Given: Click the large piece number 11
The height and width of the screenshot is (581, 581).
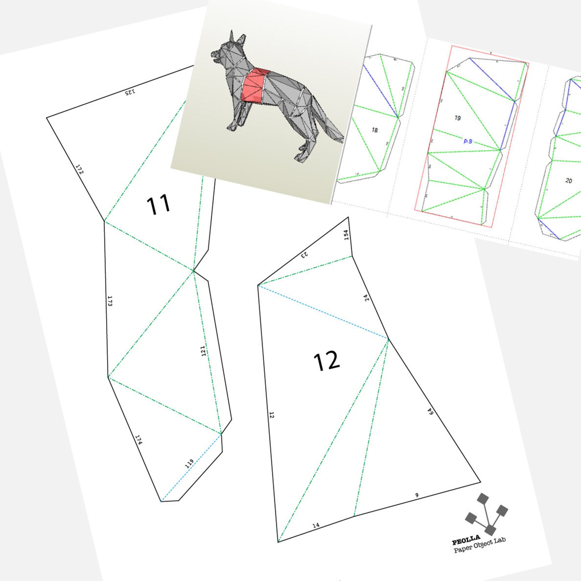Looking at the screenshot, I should click(158, 205).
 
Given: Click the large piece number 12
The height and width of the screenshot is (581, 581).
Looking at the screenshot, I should click(326, 361).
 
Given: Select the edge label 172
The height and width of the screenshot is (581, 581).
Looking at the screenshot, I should click(79, 169).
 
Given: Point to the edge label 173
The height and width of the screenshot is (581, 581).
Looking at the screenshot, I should click(110, 301).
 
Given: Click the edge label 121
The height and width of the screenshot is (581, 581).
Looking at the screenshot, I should click(203, 351).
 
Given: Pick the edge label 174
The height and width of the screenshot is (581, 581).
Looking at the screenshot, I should click(139, 439).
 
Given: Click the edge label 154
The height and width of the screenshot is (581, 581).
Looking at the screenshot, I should click(346, 235).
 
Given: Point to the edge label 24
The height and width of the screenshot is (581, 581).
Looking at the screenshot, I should click(367, 298).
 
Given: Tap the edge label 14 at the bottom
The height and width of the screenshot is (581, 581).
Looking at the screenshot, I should click(316, 525).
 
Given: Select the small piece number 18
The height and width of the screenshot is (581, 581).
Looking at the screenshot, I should click(375, 130).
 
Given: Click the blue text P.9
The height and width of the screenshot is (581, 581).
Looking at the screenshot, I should click(468, 141).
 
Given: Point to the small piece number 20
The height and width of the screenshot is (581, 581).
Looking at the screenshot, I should click(569, 180).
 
